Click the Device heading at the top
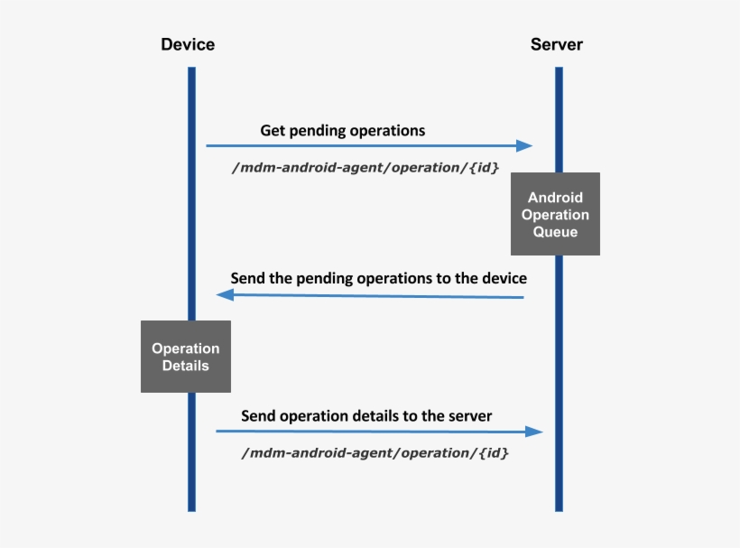point(188,44)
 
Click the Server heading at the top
point(557,44)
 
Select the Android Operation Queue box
point(555,215)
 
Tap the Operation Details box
point(185,357)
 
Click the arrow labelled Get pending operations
point(361,145)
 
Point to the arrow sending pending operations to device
point(370,295)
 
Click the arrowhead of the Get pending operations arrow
point(524,145)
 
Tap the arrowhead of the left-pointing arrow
point(225,295)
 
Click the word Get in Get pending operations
point(272,131)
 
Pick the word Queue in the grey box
point(555,232)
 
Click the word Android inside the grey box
point(555,198)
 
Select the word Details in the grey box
point(185,366)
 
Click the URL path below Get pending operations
point(365,167)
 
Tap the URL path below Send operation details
point(375,453)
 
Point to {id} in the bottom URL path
point(492,453)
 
